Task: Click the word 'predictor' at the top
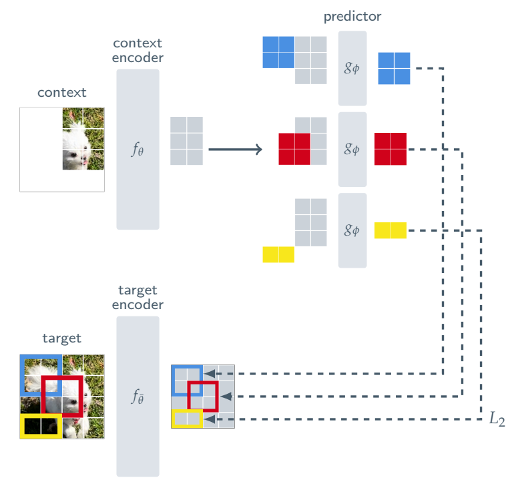pyautogui.click(x=352, y=16)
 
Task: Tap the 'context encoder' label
pyautogui.click(x=138, y=51)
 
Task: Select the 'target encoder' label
pyautogui.click(x=138, y=297)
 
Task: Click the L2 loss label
pyautogui.click(x=497, y=419)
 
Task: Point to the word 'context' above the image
pyautogui.click(x=62, y=92)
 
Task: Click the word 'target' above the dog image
pyautogui.click(x=62, y=338)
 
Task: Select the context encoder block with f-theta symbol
pyautogui.click(x=138, y=149)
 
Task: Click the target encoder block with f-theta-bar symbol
pyautogui.click(x=138, y=397)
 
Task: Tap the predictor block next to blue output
pyautogui.click(x=352, y=68)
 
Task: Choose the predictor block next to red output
pyautogui.click(x=352, y=149)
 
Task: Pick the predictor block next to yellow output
pyautogui.click(x=352, y=230)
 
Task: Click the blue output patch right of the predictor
pyautogui.click(x=394, y=68)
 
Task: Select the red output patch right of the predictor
pyautogui.click(x=391, y=149)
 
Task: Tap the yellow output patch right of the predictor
pyautogui.click(x=391, y=230)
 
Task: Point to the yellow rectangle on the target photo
pyautogui.click(x=41, y=427)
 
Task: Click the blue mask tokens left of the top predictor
pyautogui.click(x=278, y=52)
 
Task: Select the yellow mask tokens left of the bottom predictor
pyautogui.click(x=278, y=254)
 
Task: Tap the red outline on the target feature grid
pyautogui.click(x=203, y=396)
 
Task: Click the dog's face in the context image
pyautogui.click(x=77, y=159)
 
